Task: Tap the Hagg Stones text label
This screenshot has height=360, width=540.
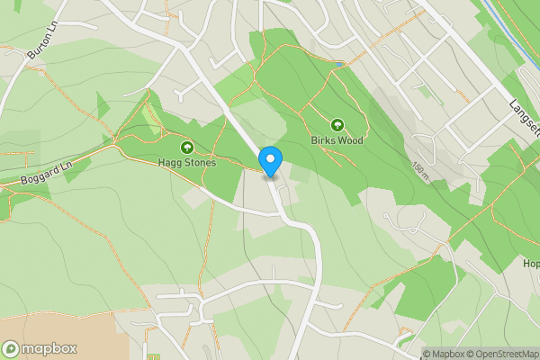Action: [x=187, y=163]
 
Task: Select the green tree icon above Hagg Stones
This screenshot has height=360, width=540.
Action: [x=187, y=147]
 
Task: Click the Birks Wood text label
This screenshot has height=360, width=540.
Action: [x=338, y=141]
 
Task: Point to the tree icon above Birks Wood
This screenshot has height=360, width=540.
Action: [x=338, y=125]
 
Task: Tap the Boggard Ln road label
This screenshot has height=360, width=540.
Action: [x=44, y=174]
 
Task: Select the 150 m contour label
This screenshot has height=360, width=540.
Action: [x=419, y=169]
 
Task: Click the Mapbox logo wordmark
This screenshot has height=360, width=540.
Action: [x=49, y=349]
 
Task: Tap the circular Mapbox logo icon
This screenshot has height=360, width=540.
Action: [x=12, y=349]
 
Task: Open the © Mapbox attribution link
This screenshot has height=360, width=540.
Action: [x=444, y=354]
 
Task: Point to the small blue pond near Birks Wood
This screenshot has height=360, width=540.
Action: [x=337, y=64]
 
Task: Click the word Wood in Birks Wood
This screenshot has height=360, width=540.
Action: [x=352, y=141]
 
